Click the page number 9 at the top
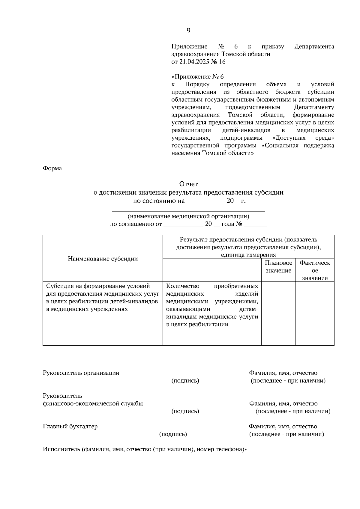(188, 31)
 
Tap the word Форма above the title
(52, 168)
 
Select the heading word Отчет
(188, 184)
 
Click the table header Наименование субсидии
(103, 259)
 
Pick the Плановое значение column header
(278, 266)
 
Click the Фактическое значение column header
(315, 270)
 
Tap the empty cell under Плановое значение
(278, 313)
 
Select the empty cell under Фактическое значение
(315, 313)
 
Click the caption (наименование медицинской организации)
(188, 216)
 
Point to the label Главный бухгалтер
(70, 426)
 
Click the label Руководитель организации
(81, 373)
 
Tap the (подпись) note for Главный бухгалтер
(173, 434)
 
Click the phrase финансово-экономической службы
(93, 403)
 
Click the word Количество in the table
(182, 286)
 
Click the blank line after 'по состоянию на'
(206, 201)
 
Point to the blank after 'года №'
(255, 225)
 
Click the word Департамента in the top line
(314, 46)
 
